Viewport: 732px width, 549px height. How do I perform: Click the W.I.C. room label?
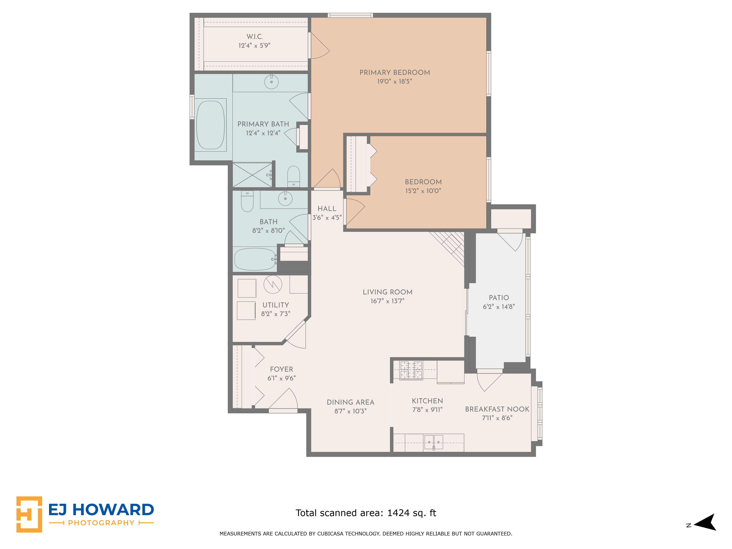tap(254, 36)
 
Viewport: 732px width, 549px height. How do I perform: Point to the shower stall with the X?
tap(252, 175)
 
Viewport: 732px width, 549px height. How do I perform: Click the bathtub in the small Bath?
tap(255, 259)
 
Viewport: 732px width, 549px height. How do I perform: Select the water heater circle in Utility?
tap(273, 284)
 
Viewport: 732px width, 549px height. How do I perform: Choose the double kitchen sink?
tap(433, 442)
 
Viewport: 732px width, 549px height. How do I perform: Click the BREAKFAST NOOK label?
tap(497, 409)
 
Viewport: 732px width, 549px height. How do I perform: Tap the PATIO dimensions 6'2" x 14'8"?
tap(499, 307)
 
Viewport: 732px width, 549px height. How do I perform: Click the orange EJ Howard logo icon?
tap(29, 514)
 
